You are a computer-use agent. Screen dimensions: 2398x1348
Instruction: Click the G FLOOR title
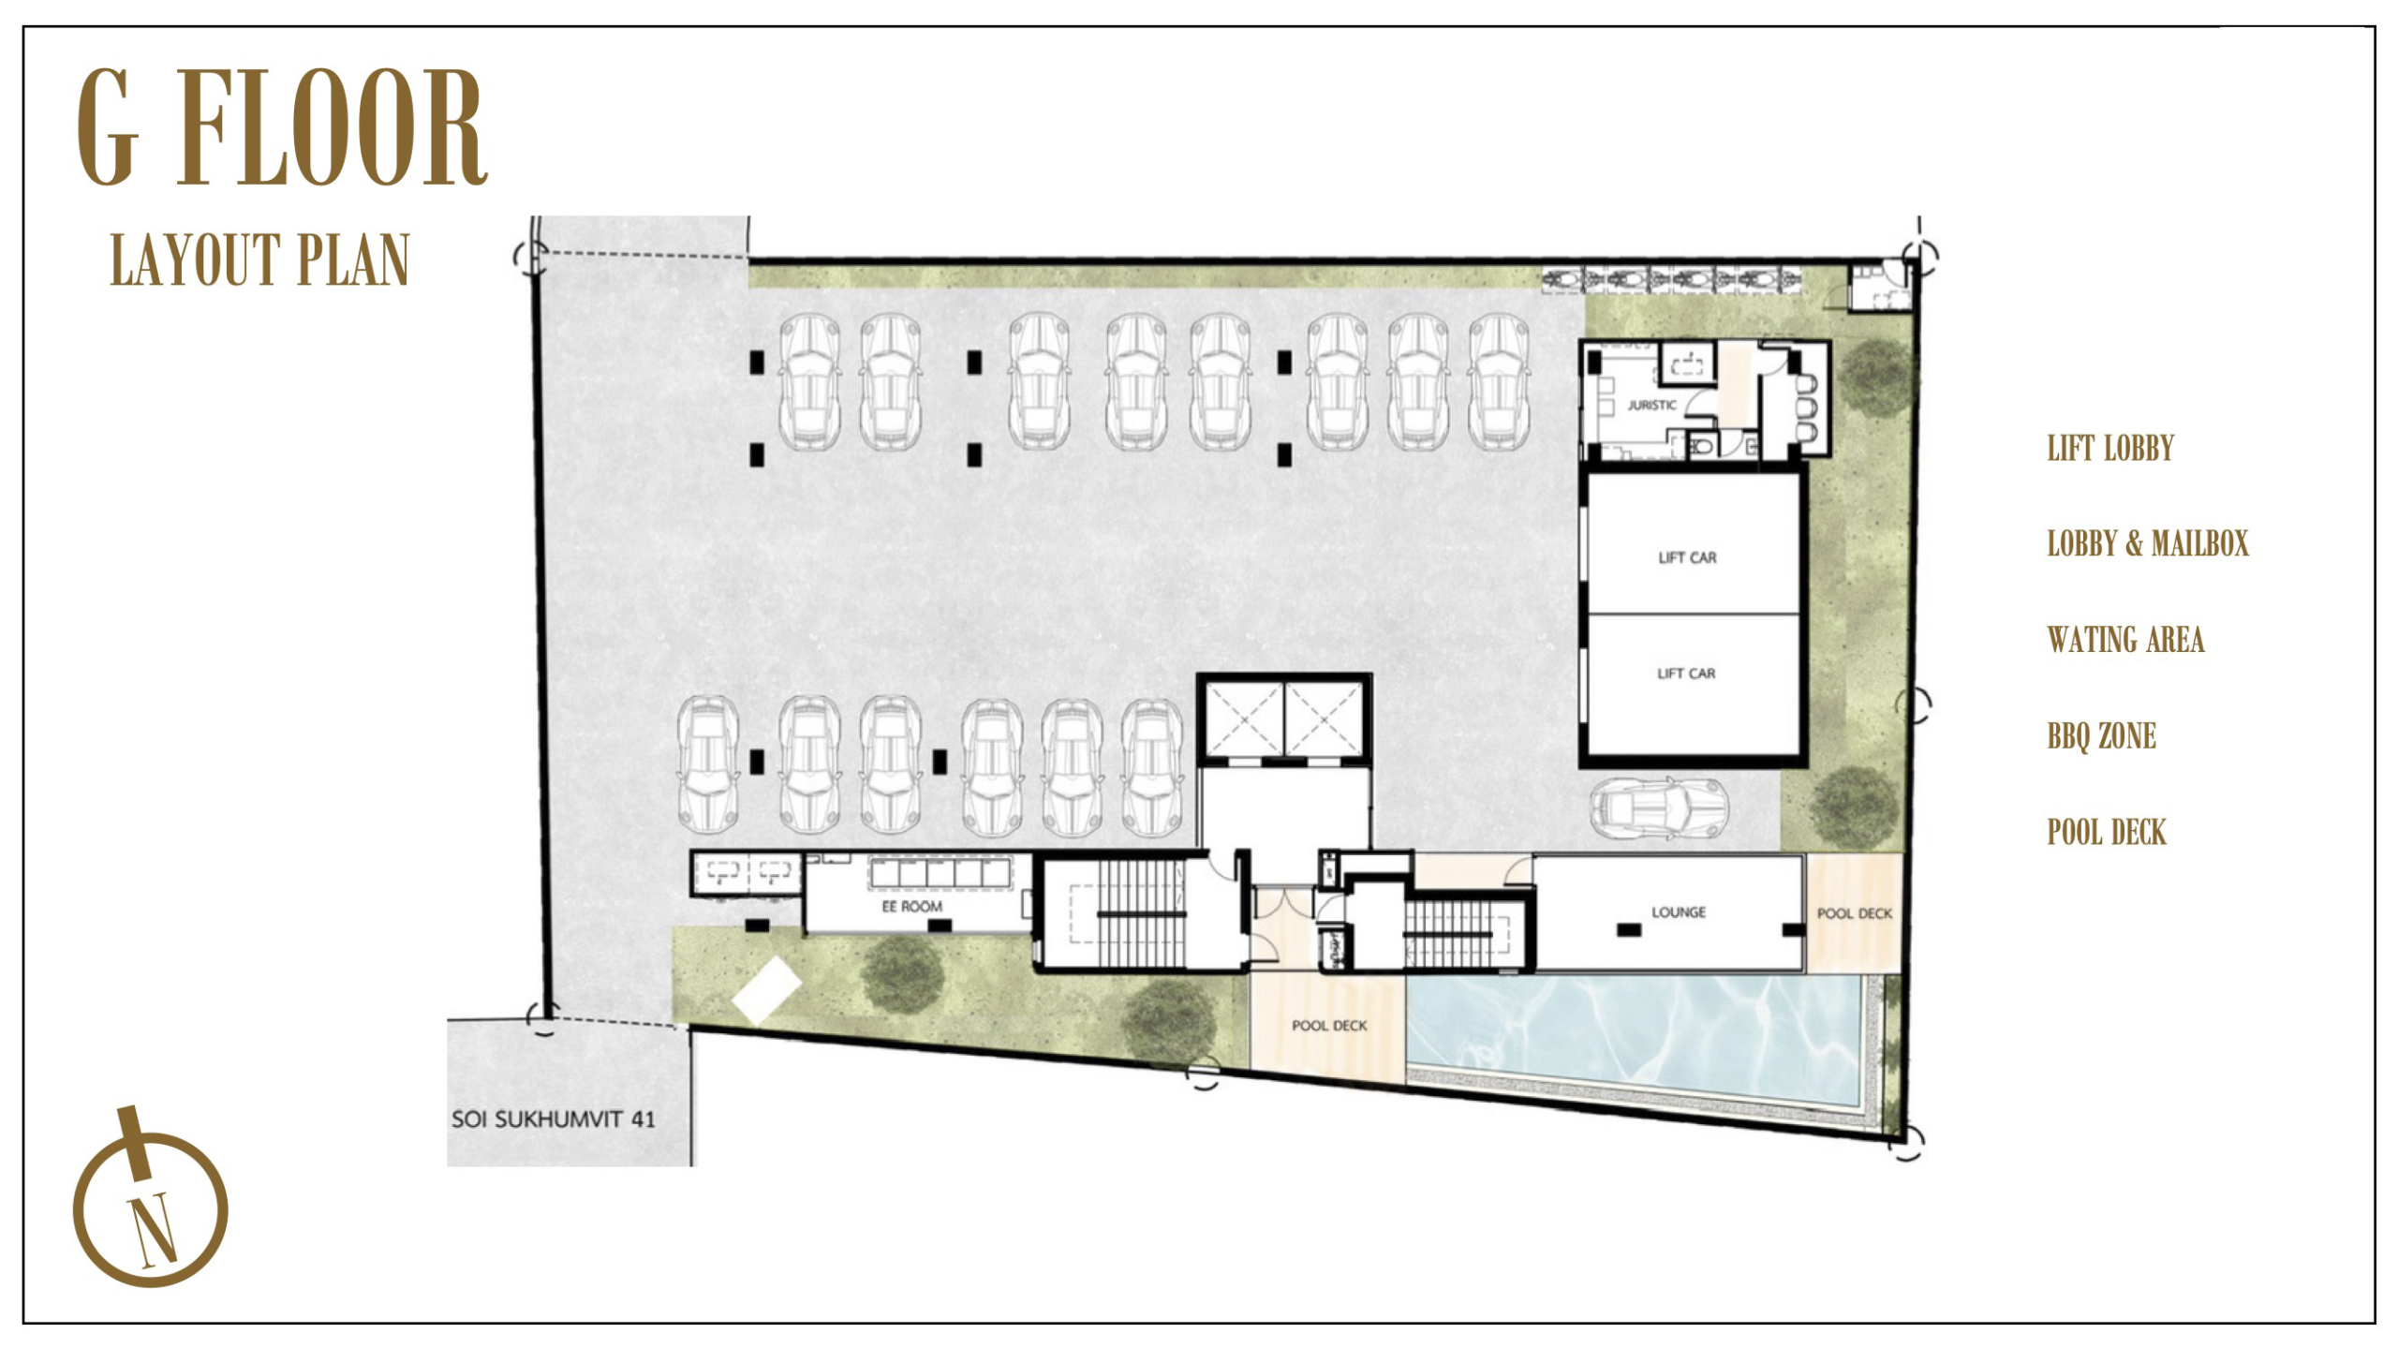pyautogui.click(x=282, y=127)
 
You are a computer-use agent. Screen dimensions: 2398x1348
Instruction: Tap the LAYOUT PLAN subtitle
pyautogui.click(x=260, y=259)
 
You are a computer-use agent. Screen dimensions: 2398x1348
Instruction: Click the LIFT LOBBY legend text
pyautogui.click(x=2109, y=448)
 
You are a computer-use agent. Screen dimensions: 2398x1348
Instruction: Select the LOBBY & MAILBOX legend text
pyautogui.click(x=2147, y=543)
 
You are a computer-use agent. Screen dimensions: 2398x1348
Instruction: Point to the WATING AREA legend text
pyautogui.click(x=2125, y=640)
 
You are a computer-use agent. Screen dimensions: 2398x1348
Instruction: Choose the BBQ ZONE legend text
pyautogui.click(x=2101, y=736)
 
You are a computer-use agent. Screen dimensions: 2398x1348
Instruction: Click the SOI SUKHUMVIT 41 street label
pyautogui.click(x=553, y=1118)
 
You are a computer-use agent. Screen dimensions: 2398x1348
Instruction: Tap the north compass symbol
pyautogui.click(x=150, y=1199)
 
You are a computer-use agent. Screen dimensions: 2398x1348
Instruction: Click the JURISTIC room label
pyautogui.click(x=1651, y=406)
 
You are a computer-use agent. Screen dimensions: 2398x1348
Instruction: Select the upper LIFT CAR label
pyautogui.click(x=1687, y=557)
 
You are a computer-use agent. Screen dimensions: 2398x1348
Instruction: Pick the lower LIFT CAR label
pyautogui.click(x=1686, y=674)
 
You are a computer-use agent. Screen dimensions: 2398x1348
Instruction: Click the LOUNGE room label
pyautogui.click(x=1679, y=911)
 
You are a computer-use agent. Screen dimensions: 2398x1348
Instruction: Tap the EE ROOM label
pyautogui.click(x=911, y=907)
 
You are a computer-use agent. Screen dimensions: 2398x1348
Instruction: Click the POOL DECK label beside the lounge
pyautogui.click(x=1855, y=913)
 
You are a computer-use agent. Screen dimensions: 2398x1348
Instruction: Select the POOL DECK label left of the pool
pyautogui.click(x=1329, y=1026)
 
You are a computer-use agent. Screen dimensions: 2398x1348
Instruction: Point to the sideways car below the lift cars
pyautogui.click(x=1659, y=807)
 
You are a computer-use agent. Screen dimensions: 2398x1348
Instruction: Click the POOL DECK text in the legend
pyautogui.click(x=2107, y=832)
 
